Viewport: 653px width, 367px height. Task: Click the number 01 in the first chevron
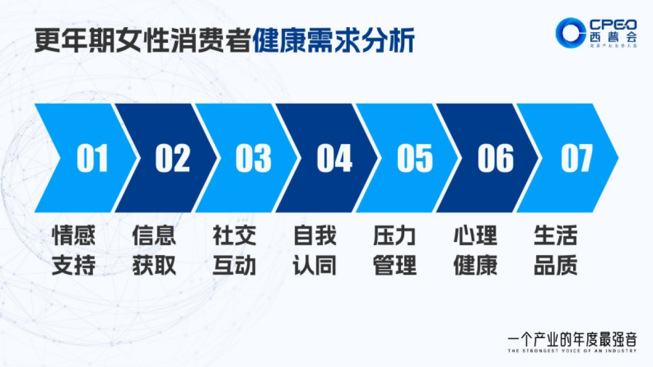click(92, 158)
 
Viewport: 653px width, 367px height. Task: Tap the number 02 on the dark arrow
click(173, 158)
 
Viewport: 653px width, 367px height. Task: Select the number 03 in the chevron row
click(253, 158)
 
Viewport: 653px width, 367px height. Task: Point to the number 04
click(334, 158)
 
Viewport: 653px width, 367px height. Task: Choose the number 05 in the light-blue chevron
click(415, 158)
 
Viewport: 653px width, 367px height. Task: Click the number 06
click(495, 158)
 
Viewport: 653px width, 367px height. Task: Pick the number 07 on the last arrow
click(576, 158)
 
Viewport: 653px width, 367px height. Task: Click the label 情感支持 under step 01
click(73, 251)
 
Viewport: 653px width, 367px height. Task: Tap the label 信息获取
click(154, 251)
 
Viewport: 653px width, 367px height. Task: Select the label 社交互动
click(235, 251)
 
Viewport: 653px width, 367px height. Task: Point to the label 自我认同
click(315, 251)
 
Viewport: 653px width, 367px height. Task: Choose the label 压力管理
click(395, 251)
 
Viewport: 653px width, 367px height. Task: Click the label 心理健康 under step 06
click(475, 251)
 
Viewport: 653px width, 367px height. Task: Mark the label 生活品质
click(556, 251)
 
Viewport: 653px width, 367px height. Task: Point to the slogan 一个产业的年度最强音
click(571, 340)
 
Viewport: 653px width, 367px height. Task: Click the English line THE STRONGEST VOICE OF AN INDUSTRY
click(571, 351)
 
